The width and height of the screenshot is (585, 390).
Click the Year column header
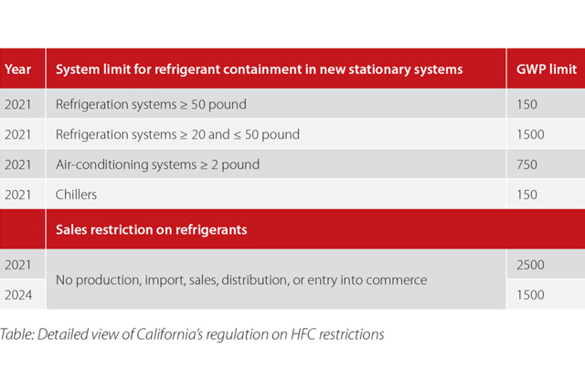pyautogui.click(x=17, y=69)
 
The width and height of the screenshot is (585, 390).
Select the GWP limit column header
pyautogui.click(x=547, y=69)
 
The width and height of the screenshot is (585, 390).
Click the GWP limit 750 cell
pyautogui.click(x=526, y=164)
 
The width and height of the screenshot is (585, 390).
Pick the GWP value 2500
pyautogui.click(x=530, y=265)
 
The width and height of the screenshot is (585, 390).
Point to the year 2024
pyautogui.click(x=18, y=295)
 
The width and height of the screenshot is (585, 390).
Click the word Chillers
pyautogui.click(x=76, y=195)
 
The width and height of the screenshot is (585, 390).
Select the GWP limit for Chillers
pyautogui.click(x=526, y=195)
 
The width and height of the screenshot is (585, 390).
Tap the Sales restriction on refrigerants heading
pyautogui.click(x=152, y=229)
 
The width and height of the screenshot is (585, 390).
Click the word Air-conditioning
pyautogui.click(x=101, y=164)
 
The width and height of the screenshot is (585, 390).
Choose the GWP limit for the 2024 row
pyautogui.click(x=530, y=295)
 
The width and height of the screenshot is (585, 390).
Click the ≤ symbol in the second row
pyautogui.click(x=238, y=134)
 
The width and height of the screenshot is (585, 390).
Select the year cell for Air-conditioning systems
pyautogui.click(x=18, y=164)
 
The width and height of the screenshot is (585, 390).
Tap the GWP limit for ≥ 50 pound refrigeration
pyautogui.click(x=526, y=104)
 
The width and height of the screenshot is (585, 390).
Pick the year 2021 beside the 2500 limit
pyautogui.click(x=18, y=265)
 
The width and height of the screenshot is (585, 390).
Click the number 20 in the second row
pyautogui.click(x=199, y=134)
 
